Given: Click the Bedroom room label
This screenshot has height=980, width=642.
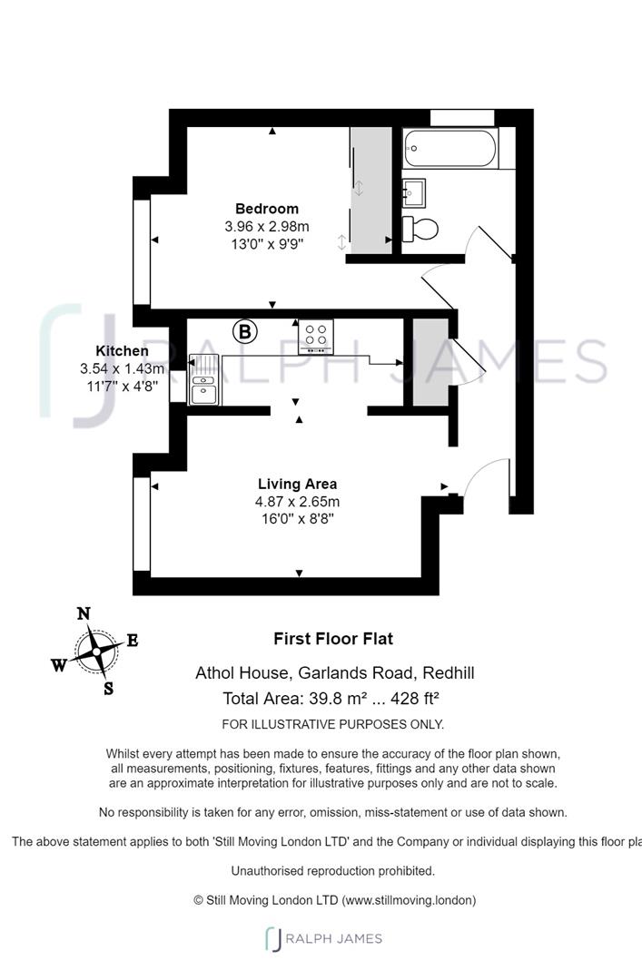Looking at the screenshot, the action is (267, 209).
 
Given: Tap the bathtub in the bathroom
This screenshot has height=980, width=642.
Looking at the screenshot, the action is (450, 148).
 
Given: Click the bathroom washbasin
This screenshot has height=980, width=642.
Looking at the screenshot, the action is (413, 192).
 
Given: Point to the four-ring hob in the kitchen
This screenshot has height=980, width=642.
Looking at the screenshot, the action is (316, 336).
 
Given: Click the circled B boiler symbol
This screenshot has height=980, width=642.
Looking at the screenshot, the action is (245, 331).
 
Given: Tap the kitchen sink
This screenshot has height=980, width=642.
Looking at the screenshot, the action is (204, 379).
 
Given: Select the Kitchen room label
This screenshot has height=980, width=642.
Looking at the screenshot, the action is (122, 351).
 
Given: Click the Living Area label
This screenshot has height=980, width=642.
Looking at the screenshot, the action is (297, 484).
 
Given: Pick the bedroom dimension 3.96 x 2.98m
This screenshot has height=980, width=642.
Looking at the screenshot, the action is (267, 226).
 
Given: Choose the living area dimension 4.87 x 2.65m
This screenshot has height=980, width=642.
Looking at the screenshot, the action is (297, 501).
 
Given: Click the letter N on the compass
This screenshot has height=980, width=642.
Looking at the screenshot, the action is (84, 613).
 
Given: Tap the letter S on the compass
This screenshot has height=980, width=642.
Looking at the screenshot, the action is (109, 689).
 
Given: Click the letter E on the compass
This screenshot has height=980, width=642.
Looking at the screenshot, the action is (132, 640).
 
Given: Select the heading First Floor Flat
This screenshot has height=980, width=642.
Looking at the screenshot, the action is (333, 639).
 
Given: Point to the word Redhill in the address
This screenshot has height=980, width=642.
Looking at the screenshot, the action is (449, 672).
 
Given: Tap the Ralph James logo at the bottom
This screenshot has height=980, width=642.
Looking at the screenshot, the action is (323, 939).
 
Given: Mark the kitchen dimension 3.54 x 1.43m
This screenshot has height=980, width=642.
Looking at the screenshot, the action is (122, 368).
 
